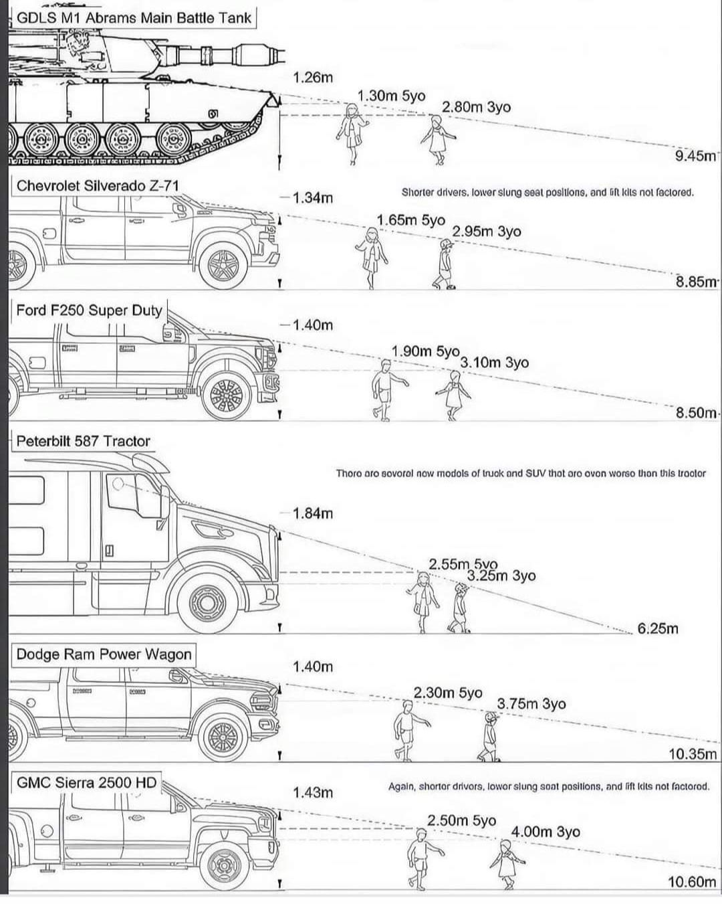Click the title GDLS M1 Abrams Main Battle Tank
133,18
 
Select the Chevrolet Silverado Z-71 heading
98,186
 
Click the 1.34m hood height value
312,197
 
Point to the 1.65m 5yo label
410,220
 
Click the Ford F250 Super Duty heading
89,310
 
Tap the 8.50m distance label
696,412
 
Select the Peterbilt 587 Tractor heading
83,442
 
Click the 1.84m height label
312,513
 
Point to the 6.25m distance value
657,628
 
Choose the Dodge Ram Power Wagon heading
104,654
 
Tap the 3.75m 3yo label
531,704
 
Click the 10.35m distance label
693,754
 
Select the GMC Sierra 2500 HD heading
86,782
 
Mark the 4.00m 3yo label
545,832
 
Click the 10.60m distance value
692,881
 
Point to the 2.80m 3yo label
476,107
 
